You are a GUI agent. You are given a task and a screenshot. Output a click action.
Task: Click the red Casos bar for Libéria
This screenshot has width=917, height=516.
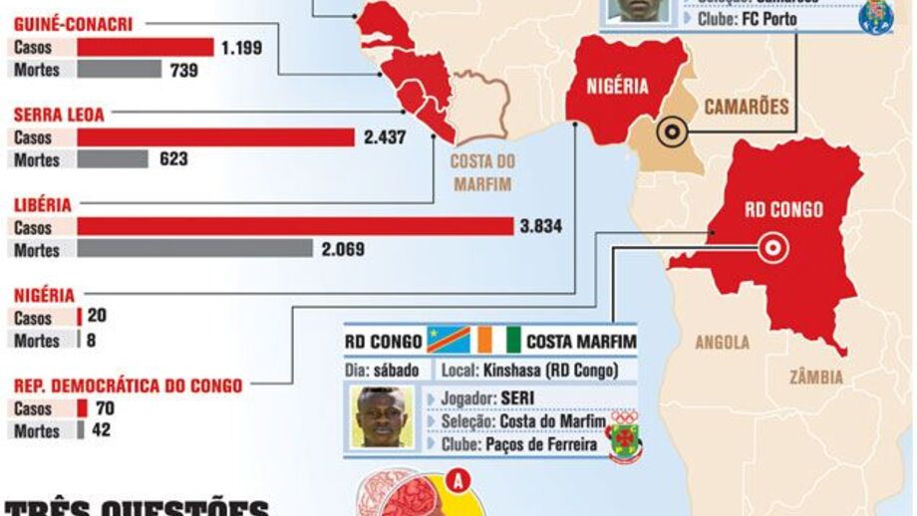pos(294,227)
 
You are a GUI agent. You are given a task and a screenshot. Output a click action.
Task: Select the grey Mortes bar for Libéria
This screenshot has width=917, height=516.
pos(194,249)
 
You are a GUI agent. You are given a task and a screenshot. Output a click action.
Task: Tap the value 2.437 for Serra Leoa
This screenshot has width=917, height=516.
pos(385,137)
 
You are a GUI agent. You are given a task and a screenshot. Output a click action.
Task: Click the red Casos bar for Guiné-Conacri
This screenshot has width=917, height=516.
pos(146,47)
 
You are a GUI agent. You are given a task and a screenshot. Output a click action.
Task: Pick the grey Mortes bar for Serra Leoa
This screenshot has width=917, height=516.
pos(113,159)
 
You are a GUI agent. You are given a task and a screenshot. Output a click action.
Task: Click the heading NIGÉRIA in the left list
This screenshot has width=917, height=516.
pos(44,295)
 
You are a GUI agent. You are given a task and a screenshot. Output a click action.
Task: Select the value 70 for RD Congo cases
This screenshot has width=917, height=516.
pos(105,408)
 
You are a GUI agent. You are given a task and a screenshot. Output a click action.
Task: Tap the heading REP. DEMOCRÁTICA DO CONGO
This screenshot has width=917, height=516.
pos(128,386)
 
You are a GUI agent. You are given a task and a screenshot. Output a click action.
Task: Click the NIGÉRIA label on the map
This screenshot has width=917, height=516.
pos(617,86)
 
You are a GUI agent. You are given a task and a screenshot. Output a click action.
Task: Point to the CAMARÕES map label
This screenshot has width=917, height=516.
pos(746,106)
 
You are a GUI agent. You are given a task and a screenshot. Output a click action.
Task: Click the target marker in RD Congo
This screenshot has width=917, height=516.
pos(772,248)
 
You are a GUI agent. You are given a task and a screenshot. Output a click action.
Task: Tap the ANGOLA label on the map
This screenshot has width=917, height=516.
pos(723,343)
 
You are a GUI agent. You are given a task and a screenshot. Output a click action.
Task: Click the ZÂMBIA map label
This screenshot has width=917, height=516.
pos(816,378)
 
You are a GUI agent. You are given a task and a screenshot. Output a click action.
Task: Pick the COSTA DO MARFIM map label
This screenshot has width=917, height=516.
pos(481,172)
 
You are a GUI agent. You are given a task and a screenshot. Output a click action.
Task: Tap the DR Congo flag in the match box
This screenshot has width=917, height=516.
pos(449,341)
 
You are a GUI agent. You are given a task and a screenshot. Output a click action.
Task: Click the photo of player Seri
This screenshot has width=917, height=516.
pos(382,416)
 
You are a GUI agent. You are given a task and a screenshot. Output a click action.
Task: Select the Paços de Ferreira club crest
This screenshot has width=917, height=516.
pos(625,435)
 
